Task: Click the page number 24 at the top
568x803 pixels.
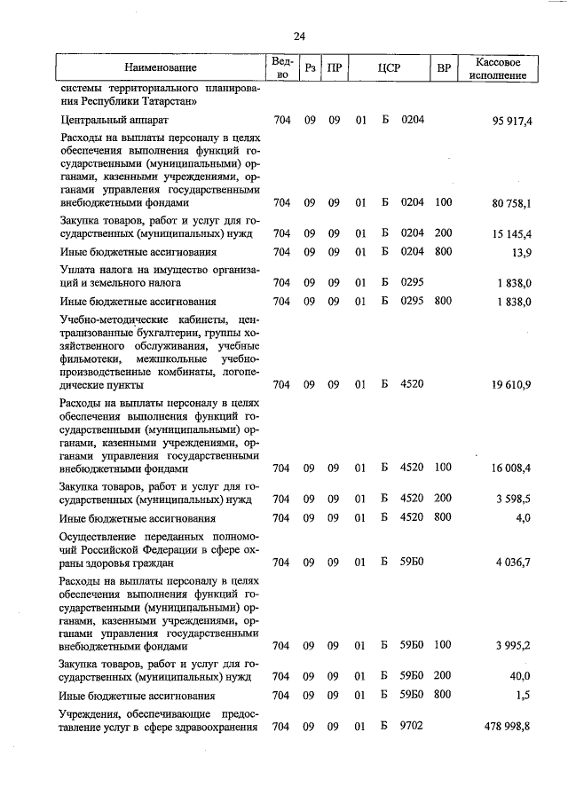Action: [x=299, y=36]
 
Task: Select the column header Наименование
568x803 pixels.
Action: [x=161, y=67]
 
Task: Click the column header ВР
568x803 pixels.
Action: [x=444, y=67]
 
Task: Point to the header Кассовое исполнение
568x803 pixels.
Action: [x=504, y=68]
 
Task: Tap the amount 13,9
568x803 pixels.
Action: [x=521, y=253]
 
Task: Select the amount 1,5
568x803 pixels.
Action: [x=524, y=695]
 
